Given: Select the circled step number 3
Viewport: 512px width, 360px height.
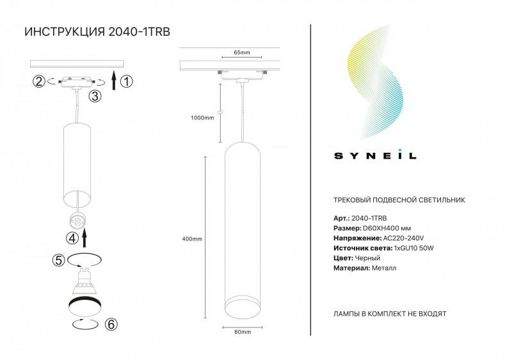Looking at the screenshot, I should tap(95, 97).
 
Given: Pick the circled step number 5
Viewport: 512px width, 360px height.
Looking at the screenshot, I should tap(58, 260).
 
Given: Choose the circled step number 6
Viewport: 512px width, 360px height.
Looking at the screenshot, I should tap(111, 324).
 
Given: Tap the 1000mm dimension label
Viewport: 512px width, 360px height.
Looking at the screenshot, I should tap(202, 117).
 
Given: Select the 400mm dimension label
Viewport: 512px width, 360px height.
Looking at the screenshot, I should tap(192, 239).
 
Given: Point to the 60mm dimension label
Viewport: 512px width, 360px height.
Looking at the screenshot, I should tap(242, 332).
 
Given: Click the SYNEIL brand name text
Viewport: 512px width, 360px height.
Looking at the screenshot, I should tap(376, 155).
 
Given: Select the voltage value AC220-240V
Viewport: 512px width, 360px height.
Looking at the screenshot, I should tap(403, 238).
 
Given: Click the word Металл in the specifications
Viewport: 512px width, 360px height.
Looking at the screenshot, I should tap(383, 268).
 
